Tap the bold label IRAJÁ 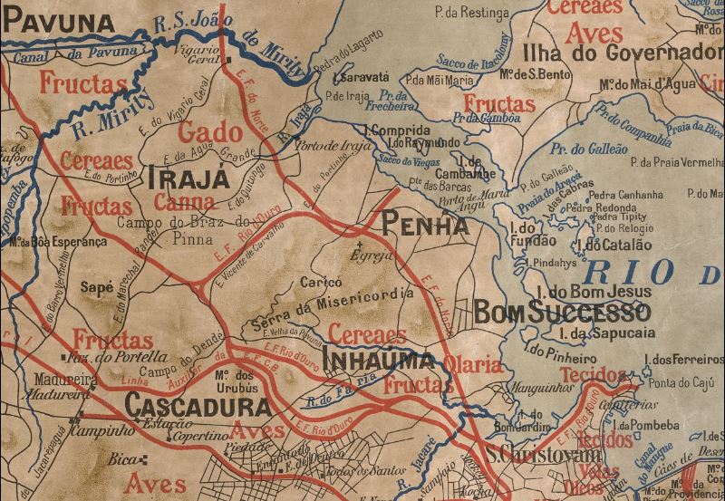tap(184, 178)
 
